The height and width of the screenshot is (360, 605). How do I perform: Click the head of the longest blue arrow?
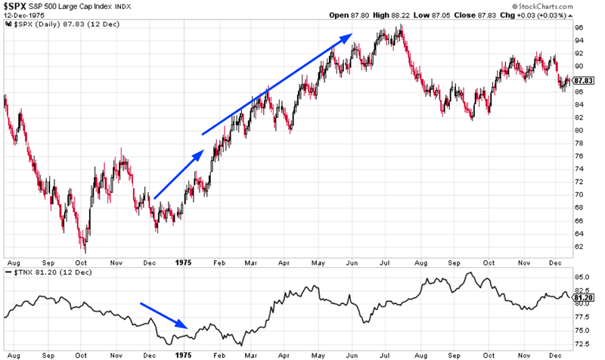coord(349,34)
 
